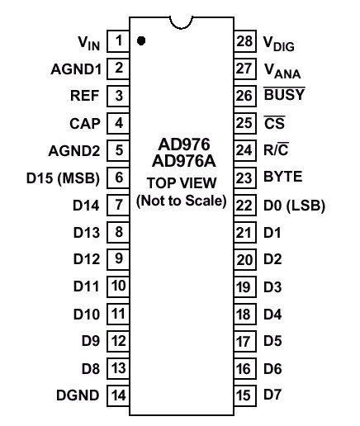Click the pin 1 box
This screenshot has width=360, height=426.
(x=118, y=41)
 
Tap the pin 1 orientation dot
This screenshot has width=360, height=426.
(x=141, y=40)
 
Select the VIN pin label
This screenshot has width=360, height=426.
(x=88, y=43)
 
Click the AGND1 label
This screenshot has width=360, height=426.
(x=76, y=69)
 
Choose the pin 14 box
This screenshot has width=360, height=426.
(x=118, y=395)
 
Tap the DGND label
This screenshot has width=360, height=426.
(x=78, y=395)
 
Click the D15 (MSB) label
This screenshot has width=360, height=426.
(x=63, y=177)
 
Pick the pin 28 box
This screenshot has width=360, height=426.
(x=245, y=41)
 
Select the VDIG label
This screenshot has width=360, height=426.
(x=279, y=44)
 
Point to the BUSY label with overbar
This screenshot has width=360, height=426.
(x=284, y=94)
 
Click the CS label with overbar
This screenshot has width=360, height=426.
(x=274, y=123)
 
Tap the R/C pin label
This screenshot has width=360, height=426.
(x=276, y=149)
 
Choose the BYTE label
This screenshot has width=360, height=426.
(x=283, y=177)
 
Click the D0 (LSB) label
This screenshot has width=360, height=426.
(x=294, y=206)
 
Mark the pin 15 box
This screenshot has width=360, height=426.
(x=245, y=395)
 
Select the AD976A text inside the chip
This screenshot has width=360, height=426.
(x=183, y=161)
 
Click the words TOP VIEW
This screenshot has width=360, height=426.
(x=182, y=183)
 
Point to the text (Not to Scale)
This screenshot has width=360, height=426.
(x=182, y=201)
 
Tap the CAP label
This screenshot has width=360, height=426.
(x=85, y=124)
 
